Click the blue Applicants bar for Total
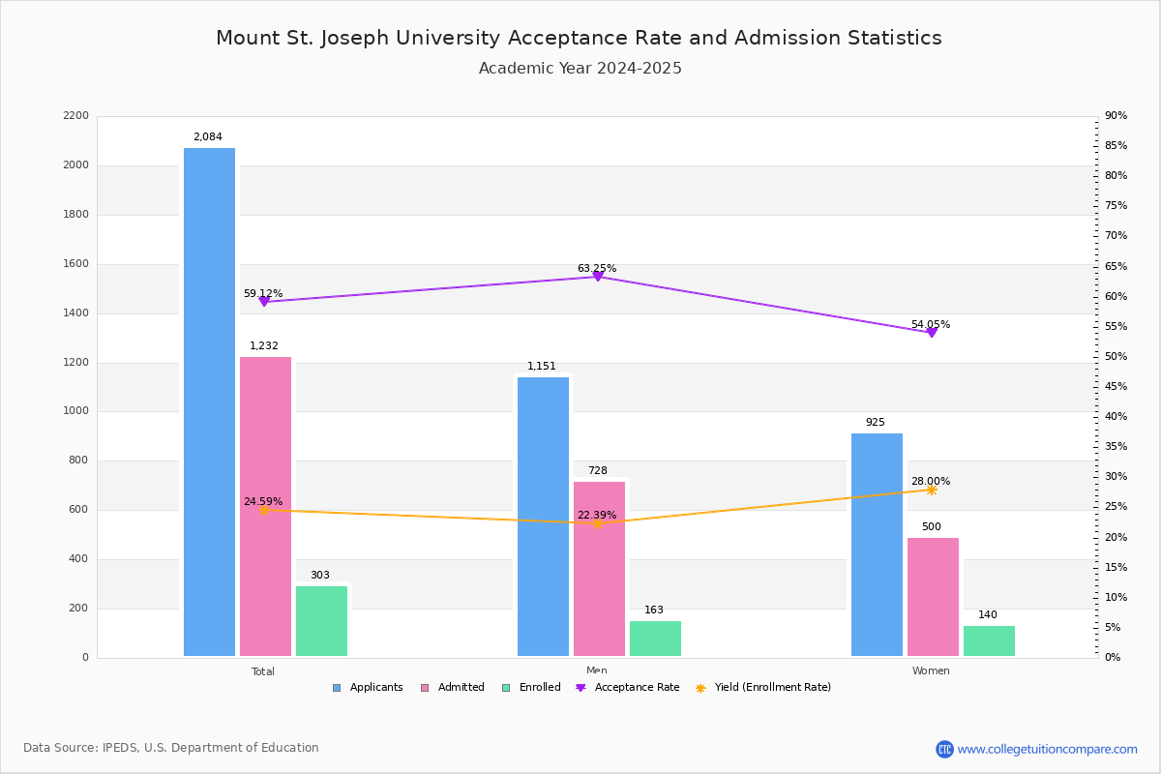[x=209, y=402]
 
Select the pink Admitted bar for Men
[x=599, y=569]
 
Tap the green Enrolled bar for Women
[x=989, y=641]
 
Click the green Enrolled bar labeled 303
[x=321, y=621]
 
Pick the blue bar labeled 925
[x=877, y=545]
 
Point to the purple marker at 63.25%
[x=598, y=277]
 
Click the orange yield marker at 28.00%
[x=932, y=490]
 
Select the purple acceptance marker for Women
[x=932, y=332]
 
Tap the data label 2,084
[x=208, y=136]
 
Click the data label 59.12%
[x=263, y=293]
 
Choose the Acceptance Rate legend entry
[x=628, y=688]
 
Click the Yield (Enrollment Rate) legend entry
[x=763, y=688]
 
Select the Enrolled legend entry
[x=531, y=688]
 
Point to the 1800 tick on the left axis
[x=76, y=214]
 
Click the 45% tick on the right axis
[x=1116, y=386]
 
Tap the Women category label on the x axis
[x=931, y=670]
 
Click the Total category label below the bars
[x=263, y=671]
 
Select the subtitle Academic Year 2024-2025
[x=580, y=69]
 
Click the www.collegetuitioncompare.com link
[x=1047, y=749]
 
